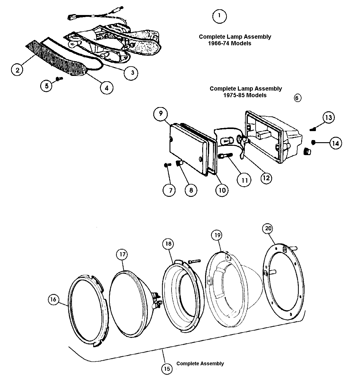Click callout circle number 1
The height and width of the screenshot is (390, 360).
[219, 16]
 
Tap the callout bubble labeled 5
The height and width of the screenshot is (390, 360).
[47, 86]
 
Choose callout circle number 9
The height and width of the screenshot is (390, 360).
[160, 114]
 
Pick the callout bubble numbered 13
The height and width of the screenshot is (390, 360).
[328, 117]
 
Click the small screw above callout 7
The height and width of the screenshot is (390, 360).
[167, 165]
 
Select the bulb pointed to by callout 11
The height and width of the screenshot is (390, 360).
[225, 156]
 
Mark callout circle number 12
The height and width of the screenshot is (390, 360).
[266, 178]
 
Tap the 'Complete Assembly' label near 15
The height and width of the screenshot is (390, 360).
[200, 364]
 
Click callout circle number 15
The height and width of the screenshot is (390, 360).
[167, 369]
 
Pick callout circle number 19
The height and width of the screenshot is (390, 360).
[217, 235]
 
